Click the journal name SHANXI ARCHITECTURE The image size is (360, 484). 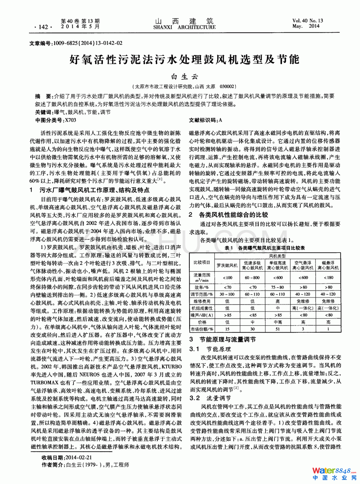(184, 27)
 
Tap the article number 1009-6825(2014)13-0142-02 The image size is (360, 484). (88, 43)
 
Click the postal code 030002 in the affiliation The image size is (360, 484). (228, 86)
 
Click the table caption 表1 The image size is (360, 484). (229, 248)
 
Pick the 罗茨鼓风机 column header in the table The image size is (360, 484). (227, 265)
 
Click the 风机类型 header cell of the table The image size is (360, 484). (277, 256)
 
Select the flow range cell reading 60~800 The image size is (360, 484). (252, 277)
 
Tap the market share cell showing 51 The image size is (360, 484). (277, 329)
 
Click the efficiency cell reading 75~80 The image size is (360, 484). (277, 287)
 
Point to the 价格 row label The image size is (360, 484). (202, 322)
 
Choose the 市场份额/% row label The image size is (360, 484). (202, 329)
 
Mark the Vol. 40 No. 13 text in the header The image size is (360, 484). (308, 21)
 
